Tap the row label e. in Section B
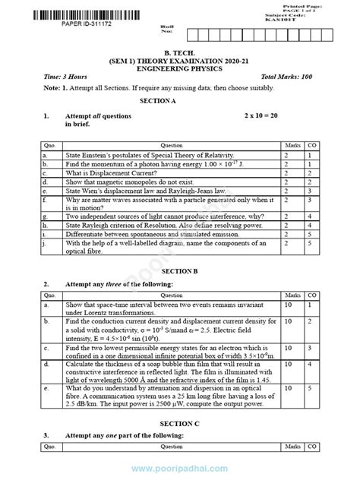pyautogui.click(x=46, y=389)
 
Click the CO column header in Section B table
pyautogui.click(x=312, y=294)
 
